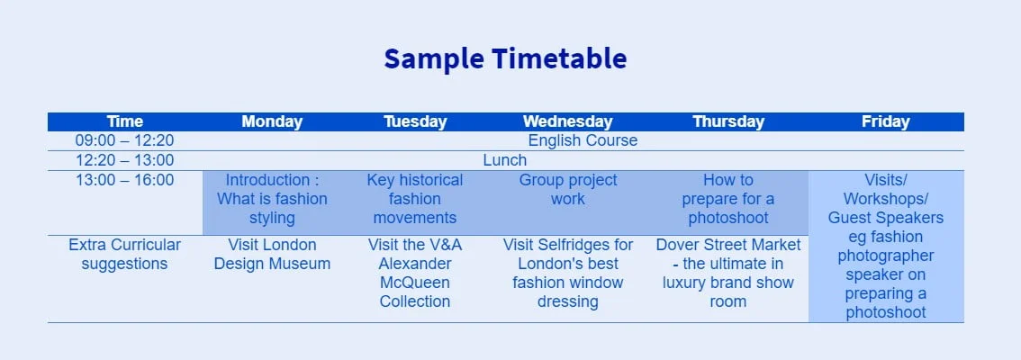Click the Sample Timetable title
[x=504, y=58]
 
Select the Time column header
[x=125, y=121]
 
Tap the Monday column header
[x=272, y=121]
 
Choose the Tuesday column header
[x=415, y=121]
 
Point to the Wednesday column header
[x=568, y=121]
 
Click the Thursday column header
[x=728, y=121]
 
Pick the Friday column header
[x=886, y=121]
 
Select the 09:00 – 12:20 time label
[x=125, y=140]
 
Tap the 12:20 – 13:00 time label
[x=125, y=160]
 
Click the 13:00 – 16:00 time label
[x=125, y=180]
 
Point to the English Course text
[x=583, y=140]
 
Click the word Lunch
[x=504, y=160]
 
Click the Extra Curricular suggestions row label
[x=125, y=255]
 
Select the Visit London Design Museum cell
[x=272, y=255]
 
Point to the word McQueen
[x=415, y=283]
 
